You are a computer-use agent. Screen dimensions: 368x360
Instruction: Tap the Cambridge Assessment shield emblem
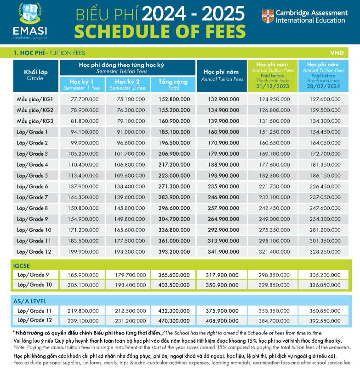tap(266, 17)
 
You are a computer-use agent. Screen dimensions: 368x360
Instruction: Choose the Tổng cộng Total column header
tap(173, 84)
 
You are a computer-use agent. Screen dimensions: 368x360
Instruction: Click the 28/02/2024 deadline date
tap(323, 86)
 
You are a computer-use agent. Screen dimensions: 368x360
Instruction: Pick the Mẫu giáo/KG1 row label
tap(35, 99)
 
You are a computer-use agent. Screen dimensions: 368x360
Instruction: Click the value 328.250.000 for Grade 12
tap(324, 252)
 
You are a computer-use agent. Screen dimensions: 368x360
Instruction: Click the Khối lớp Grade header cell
tap(35, 75)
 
